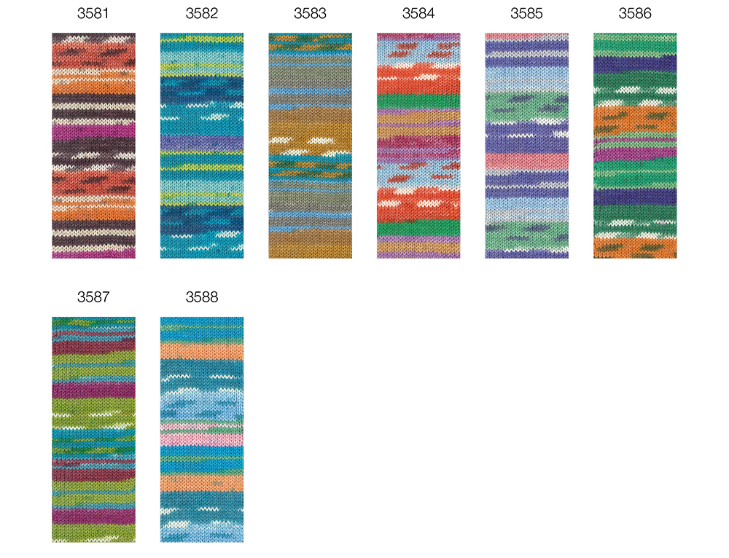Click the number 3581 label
(x=93, y=13)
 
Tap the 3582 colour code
(x=202, y=13)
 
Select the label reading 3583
(x=310, y=13)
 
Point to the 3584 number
(x=418, y=13)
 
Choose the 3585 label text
(x=527, y=13)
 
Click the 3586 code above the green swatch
(x=635, y=13)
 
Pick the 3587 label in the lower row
(x=93, y=297)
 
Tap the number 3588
(x=202, y=297)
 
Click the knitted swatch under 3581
(x=93, y=146)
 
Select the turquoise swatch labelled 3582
(x=202, y=146)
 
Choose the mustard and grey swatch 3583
(x=310, y=146)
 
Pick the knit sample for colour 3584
(x=418, y=146)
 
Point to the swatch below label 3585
(x=527, y=146)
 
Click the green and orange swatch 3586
(x=635, y=146)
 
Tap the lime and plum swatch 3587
(x=93, y=429)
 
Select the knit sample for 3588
(x=202, y=429)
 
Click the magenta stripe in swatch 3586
(x=635, y=152)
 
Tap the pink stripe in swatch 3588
(x=202, y=439)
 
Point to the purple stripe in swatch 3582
(x=202, y=143)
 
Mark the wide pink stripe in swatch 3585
(x=527, y=161)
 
